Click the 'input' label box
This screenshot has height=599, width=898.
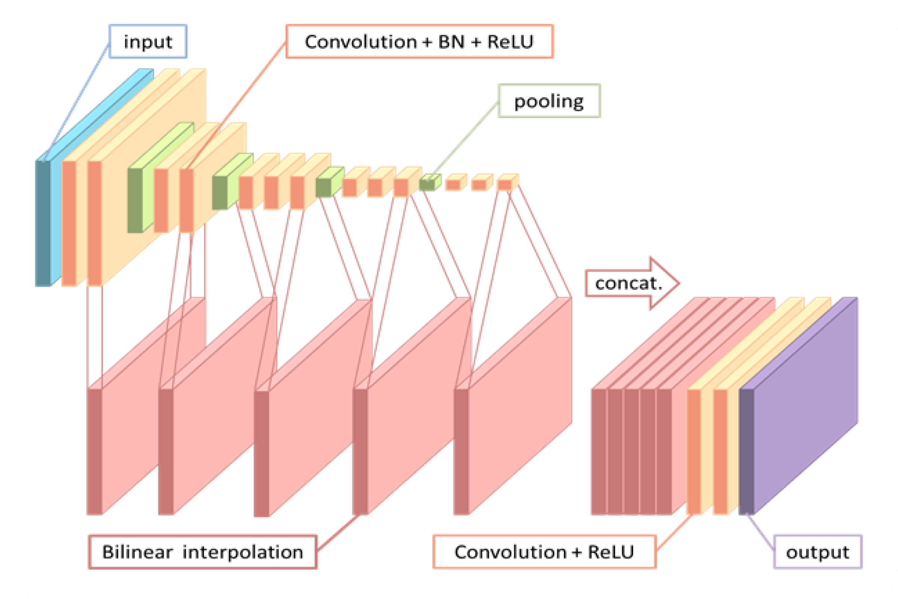coord(148,42)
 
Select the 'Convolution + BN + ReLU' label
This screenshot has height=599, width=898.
coord(419,42)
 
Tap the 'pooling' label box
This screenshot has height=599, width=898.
coord(549,101)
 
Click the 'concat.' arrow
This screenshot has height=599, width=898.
coord(632,283)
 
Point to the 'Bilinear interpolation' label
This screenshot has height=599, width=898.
coord(202,552)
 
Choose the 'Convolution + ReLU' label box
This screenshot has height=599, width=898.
coord(544,552)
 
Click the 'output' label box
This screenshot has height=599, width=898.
coord(818,552)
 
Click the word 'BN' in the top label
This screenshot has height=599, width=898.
coord(451,42)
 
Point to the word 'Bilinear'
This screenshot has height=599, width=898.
coord(137,552)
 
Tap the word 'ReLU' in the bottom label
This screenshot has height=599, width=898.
coord(611,552)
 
